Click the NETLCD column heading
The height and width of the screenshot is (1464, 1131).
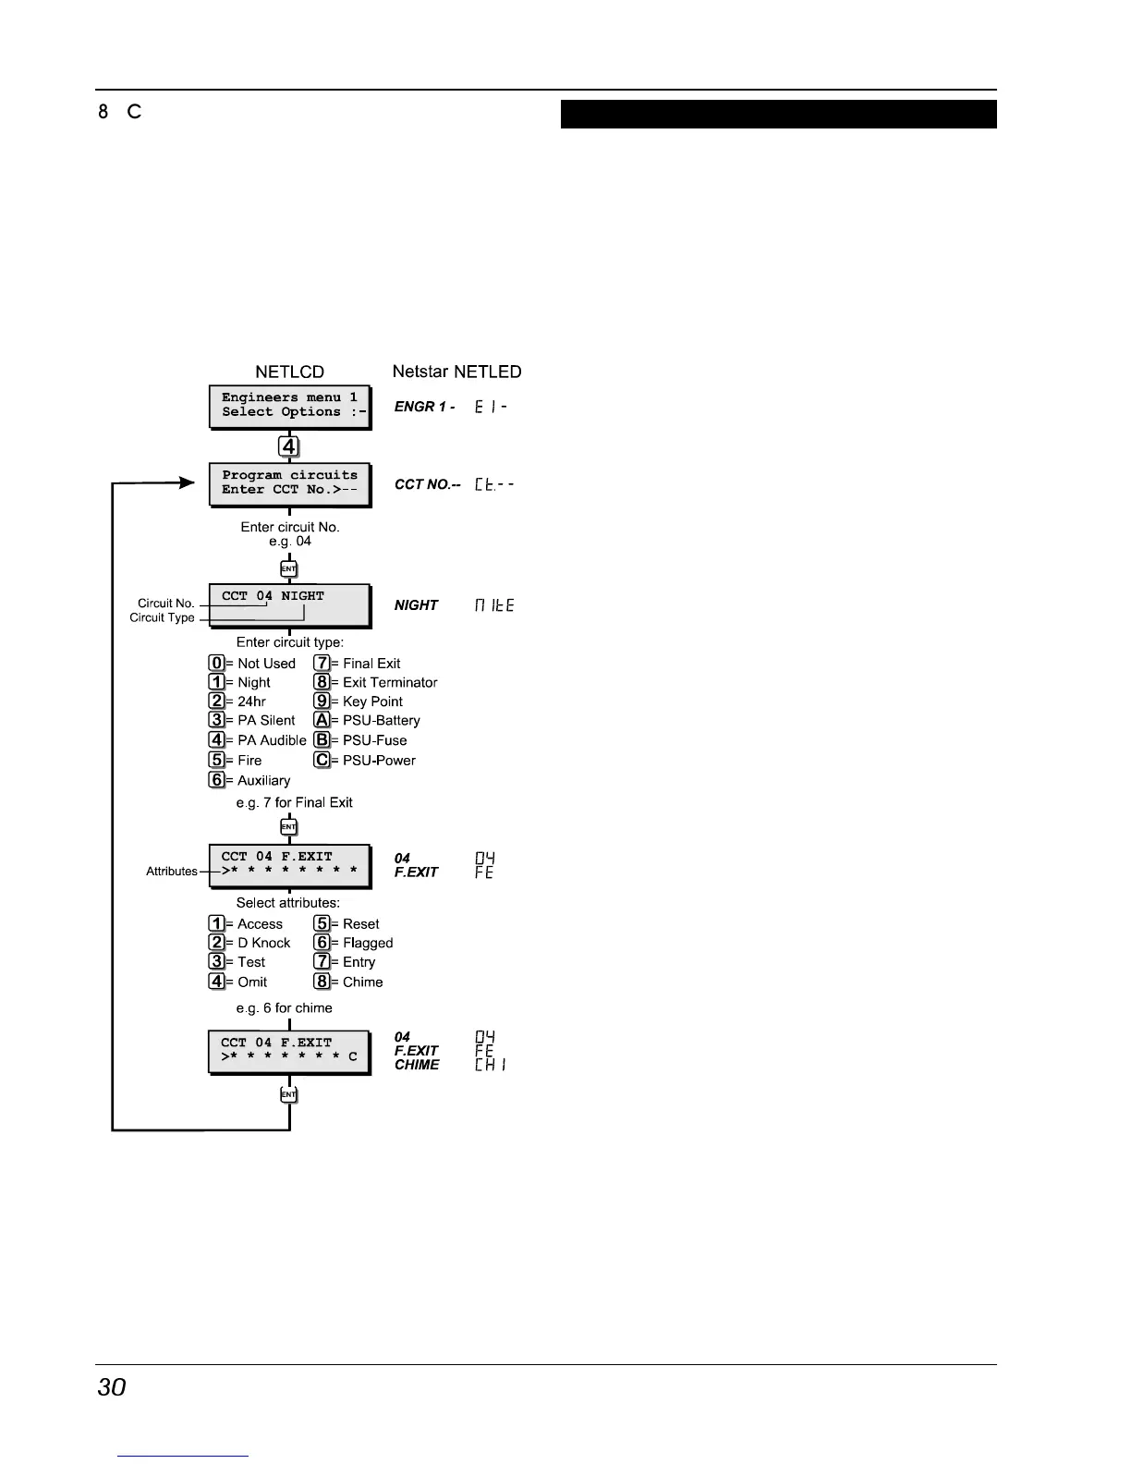(x=289, y=372)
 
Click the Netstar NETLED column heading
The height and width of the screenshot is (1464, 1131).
(x=456, y=372)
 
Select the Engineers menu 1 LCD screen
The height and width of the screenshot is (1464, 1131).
(x=289, y=406)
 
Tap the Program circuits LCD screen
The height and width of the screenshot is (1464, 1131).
(x=289, y=483)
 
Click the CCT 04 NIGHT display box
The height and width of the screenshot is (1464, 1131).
(x=289, y=605)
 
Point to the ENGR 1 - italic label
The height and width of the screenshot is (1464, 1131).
(x=424, y=407)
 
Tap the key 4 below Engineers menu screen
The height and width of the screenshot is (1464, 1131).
(x=289, y=446)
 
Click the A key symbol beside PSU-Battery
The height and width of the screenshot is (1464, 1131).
(x=322, y=720)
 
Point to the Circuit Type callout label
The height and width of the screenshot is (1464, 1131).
(x=162, y=617)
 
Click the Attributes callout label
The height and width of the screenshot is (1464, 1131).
(x=172, y=871)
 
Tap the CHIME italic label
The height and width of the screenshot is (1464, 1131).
(x=417, y=1065)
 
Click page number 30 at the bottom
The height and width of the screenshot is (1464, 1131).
(x=112, y=1387)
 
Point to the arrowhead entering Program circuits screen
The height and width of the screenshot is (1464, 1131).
(x=188, y=482)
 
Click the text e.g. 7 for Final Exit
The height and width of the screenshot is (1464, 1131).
(x=294, y=802)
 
